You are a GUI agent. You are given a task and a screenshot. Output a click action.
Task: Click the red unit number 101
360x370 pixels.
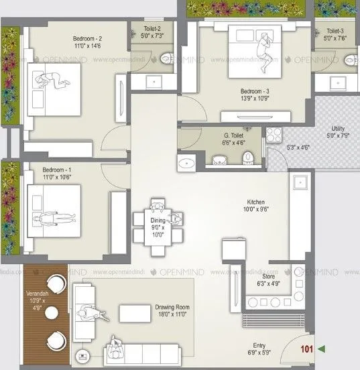[x=307, y=349]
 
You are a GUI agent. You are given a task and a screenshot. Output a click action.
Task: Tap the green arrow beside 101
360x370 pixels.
[x=322, y=349]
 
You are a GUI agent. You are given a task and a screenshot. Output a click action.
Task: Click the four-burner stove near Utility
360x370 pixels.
[x=274, y=136]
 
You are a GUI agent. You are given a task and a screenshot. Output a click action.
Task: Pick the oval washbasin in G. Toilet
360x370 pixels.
[x=186, y=163]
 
